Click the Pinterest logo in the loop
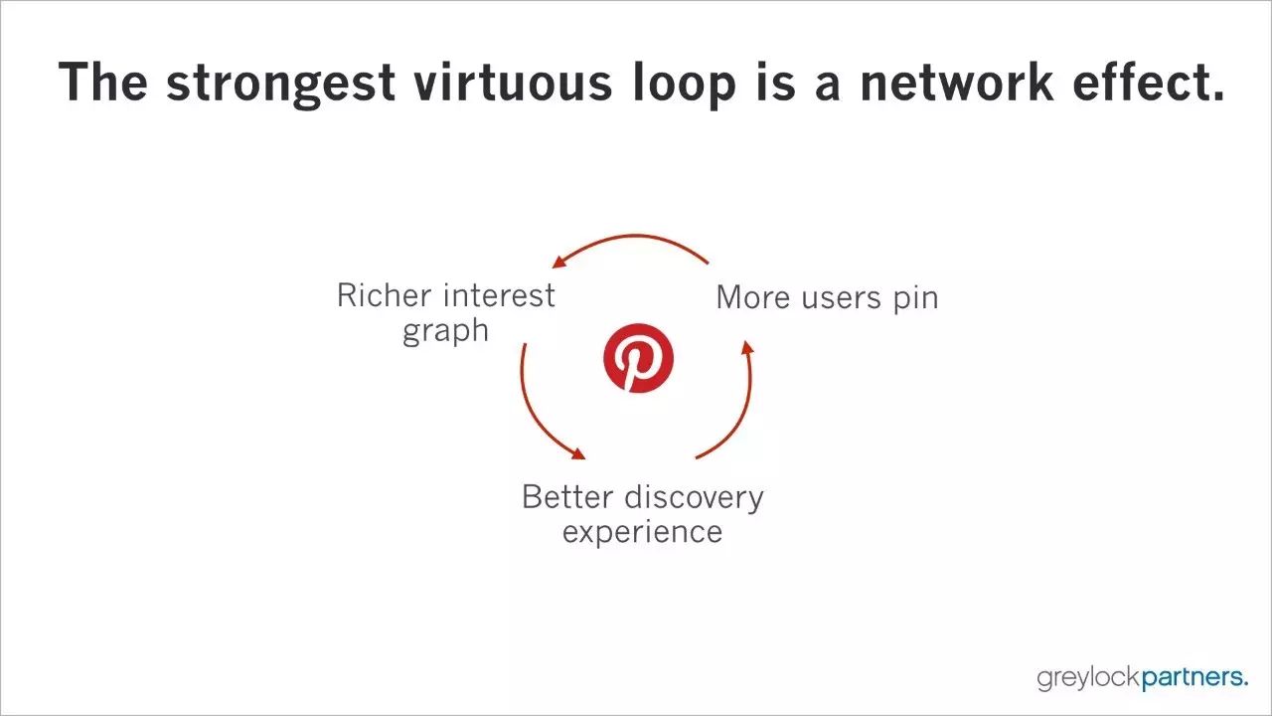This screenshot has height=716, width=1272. coord(638,358)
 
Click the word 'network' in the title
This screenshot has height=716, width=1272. coord(957,82)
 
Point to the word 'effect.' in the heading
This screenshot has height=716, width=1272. coord(1149,82)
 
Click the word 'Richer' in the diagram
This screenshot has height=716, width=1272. coord(384,295)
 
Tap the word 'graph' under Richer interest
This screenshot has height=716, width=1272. coord(446,332)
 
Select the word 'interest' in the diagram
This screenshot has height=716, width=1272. coord(499,295)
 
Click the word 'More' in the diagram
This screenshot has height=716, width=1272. coord(753,297)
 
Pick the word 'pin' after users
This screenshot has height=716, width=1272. coord(916,299)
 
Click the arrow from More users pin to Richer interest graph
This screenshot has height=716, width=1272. coord(635,236)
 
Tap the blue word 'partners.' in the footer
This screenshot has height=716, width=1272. coord(1194,678)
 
